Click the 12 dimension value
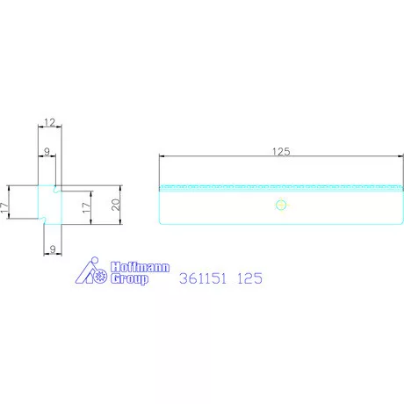(50, 122)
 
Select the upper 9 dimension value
(47, 152)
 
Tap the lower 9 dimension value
(53, 249)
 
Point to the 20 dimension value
(116, 205)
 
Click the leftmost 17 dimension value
(4, 207)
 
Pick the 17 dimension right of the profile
(86, 207)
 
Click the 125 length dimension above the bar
(281, 152)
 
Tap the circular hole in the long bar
(281, 205)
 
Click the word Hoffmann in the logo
(140, 267)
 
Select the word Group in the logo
(129, 279)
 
